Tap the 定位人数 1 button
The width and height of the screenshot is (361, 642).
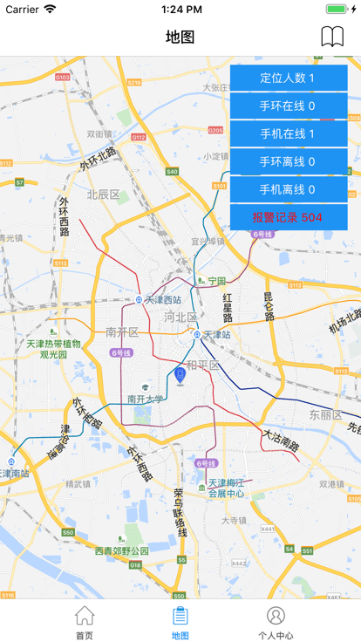(x=289, y=79)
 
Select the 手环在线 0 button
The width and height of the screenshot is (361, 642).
(x=289, y=106)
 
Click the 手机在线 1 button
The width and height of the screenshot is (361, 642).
(x=289, y=134)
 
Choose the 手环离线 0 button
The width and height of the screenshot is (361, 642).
(x=289, y=162)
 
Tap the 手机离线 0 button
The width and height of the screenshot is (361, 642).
(x=289, y=190)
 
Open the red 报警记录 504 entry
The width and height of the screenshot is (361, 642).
(x=289, y=217)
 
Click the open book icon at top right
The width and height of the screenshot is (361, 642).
(x=332, y=37)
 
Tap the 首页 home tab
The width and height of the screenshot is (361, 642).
(x=85, y=622)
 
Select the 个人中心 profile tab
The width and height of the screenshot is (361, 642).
(x=276, y=622)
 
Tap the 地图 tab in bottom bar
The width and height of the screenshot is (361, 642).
(x=180, y=622)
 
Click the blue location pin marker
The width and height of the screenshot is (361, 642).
(x=180, y=375)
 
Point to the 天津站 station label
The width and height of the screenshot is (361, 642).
(x=216, y=334)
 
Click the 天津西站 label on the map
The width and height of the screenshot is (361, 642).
(x=162, y=299)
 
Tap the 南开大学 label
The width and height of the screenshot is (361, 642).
(x=145, y=399)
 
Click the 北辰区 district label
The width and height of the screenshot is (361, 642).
(x=103, y=194)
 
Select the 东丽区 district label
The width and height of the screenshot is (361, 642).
(x=325, y=415)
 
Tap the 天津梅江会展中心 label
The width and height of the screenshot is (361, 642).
(x=225, y=488)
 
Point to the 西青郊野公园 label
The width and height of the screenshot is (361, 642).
(x=121, y=550)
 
